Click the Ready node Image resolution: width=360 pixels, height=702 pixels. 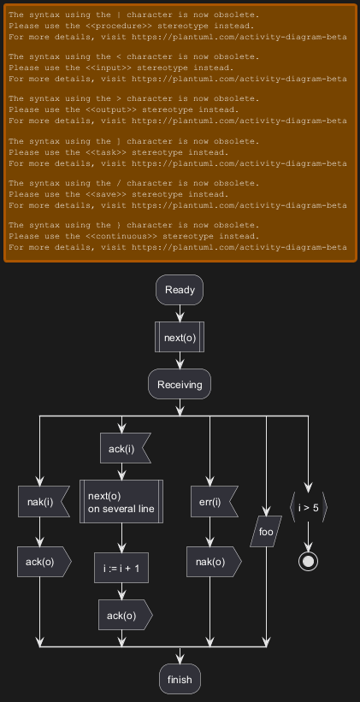[180, 290]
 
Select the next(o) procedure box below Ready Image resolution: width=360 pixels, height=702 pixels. [180, 337]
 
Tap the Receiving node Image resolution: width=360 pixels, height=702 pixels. [180, 384]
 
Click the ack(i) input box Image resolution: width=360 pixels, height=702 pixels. [125, 448]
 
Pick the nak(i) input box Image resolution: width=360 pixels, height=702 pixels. [44, 501]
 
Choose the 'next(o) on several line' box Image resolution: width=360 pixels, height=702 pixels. [121, 501]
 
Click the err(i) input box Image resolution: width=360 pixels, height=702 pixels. [212, 501]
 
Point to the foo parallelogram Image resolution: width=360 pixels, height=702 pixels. [266, 532]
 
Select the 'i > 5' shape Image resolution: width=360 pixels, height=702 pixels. [309, 508]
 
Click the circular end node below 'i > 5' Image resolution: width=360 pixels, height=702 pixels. [308, 562]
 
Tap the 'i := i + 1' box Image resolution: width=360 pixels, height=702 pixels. [121, 568]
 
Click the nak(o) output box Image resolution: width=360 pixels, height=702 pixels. [214, 562]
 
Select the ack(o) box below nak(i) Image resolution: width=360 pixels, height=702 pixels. [44, 562]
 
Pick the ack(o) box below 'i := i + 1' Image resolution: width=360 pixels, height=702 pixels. [126, 615]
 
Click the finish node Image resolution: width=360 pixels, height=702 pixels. [180, 679]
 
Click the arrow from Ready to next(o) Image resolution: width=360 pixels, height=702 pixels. [180, 314]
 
